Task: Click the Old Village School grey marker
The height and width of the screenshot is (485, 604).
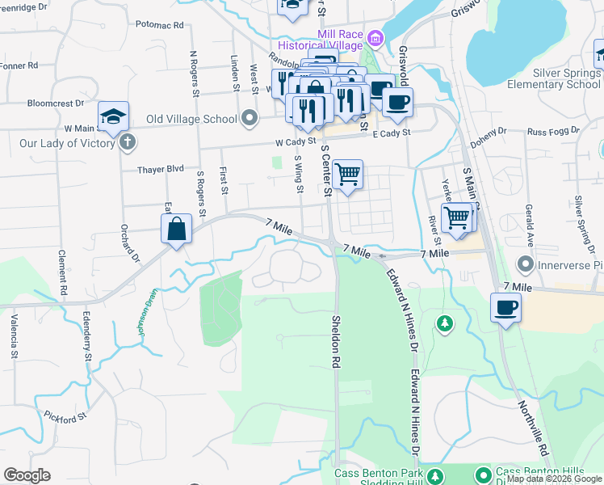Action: click(250, 120)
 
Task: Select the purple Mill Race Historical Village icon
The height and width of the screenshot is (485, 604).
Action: click(374, 38)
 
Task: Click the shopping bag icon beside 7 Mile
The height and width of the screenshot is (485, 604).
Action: click(177, 229)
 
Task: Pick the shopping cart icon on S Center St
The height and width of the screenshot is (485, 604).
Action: click(347, 174)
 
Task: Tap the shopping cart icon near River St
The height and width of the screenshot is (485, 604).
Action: click(456, 217)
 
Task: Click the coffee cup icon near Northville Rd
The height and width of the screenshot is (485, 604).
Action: click(506, 307)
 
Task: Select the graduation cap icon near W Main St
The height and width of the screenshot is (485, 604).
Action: click(114, 115)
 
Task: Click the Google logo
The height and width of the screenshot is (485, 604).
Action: click(27, 474)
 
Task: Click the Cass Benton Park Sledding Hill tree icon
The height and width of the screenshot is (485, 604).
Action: click(436, 474)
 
